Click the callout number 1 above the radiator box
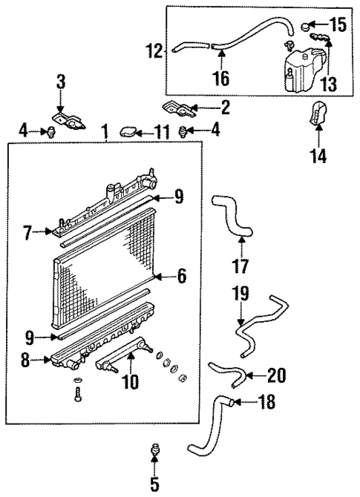[x=105, y=133]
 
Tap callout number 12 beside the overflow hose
[x=154, y=51]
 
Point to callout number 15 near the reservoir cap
[x=338, y=25]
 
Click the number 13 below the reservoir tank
[x=328, y=85]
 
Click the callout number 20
[x=275, y=376]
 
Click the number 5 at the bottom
[x=154, y=484]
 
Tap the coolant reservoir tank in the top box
[x=300, y=67]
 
